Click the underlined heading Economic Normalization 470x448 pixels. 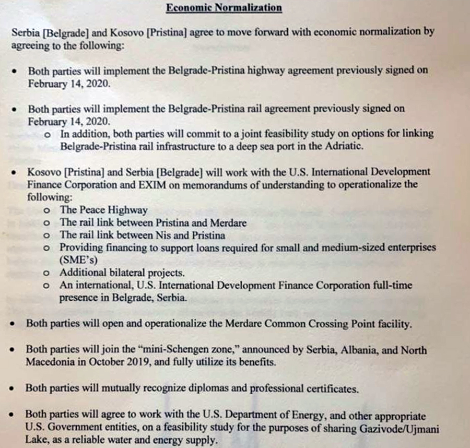(x=224, y=8)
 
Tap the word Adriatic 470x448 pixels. (x=339, y=146)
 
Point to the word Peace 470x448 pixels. (x=92, y=210)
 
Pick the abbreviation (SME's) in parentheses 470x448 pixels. (x=79, y=260)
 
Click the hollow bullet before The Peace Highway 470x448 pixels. (x=48, y=211)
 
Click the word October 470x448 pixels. (x=107, y=362)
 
